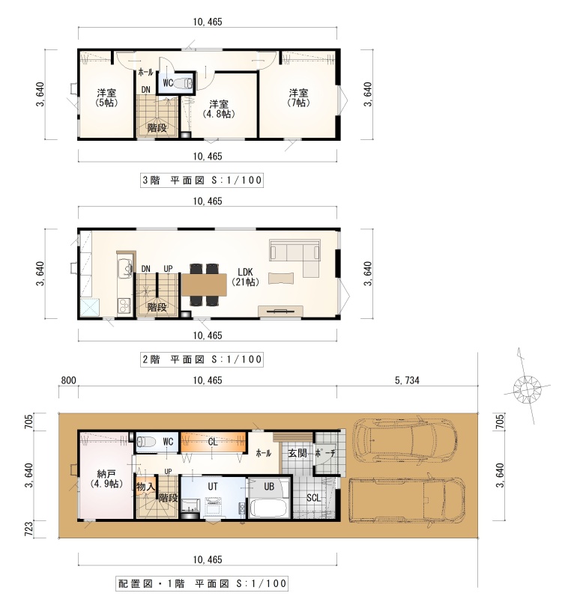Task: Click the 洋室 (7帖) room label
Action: (299, 98)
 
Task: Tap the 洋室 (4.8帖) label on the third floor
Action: (218, 109)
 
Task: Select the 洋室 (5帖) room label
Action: (106, 98)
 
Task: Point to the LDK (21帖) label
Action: (246, 277)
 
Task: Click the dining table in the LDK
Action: (205, 285)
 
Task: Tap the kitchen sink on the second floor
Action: (124, 268)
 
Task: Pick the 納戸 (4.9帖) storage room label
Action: (106, 479)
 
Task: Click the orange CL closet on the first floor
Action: (213, 443)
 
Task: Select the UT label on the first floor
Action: (213, 486)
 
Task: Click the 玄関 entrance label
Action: (297, 453)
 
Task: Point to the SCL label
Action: (313, 498)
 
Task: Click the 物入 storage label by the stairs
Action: (145, 487)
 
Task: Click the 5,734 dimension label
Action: (407, 380)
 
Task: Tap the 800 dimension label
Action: (68, 380)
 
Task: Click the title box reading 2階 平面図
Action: (202, 359)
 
